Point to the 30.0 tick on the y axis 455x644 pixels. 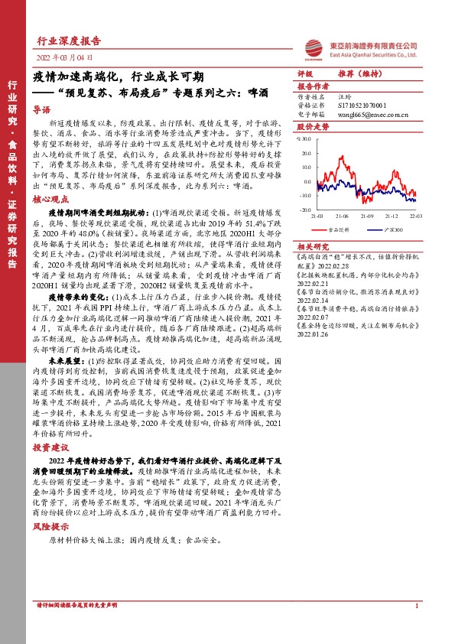coord(305,139)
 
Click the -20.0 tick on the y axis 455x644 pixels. coord(304,209)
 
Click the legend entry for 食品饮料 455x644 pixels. coord(338,229)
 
